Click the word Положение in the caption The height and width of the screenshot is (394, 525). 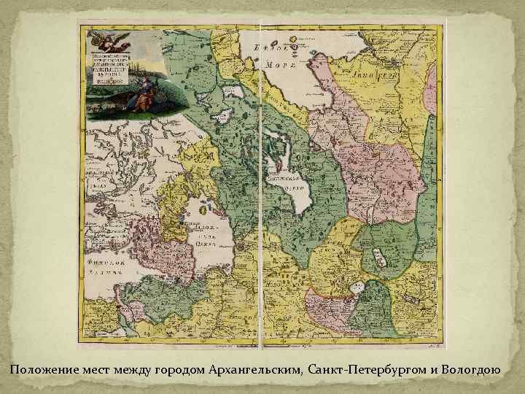[41, 372]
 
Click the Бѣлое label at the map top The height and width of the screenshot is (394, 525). [269, 49]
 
